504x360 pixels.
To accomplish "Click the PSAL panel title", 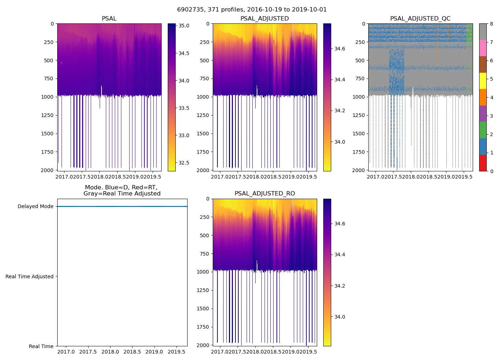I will [109, 19].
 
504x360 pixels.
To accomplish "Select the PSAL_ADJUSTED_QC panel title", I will [420, 19].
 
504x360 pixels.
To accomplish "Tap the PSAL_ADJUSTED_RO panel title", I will [265, 194].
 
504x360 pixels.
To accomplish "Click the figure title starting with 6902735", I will [252, 10].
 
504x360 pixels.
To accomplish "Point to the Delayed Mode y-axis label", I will [35, 207].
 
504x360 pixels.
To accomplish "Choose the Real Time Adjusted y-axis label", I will [29, 276].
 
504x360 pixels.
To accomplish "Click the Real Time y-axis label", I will [41, 346].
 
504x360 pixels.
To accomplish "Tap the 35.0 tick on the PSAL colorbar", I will [184, 26].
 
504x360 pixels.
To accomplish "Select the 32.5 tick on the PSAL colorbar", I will [184, 163].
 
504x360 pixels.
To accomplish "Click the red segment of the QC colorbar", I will [483, 163].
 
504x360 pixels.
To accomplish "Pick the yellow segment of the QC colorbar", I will [483, 81].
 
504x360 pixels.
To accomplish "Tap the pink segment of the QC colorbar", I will [483, 48].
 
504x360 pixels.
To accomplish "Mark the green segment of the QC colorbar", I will [483, 130].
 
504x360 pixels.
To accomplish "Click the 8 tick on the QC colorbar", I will [491, 24].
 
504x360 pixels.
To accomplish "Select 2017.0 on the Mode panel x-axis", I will [66, 352].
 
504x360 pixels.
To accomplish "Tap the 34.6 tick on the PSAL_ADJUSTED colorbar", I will [340, 49].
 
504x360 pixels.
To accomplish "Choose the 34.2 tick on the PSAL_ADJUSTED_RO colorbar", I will [340, 286].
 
